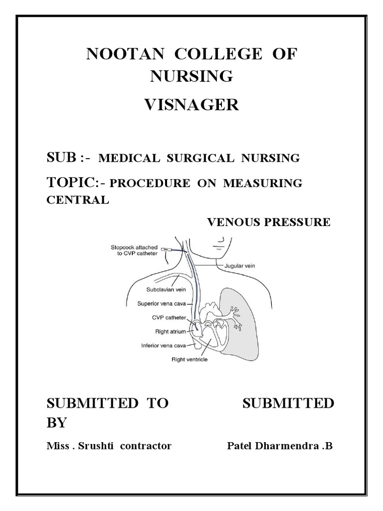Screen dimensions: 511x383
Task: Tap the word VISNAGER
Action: click(191, 105)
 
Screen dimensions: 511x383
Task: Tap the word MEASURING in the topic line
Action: click(263, 183)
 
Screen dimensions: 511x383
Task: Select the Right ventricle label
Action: click(189, 359)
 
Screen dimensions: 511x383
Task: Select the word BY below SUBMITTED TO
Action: click(56, 423)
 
